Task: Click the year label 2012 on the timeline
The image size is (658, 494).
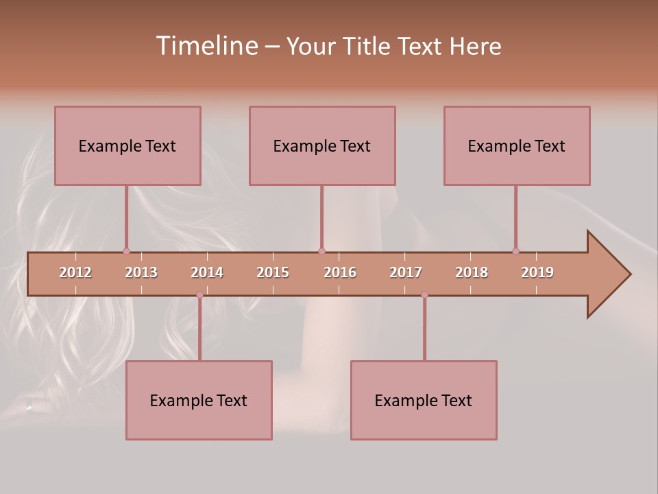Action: tap(75, 272)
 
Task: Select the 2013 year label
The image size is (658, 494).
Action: tap(141, 272)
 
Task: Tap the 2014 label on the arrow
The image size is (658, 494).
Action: tap(207, 272)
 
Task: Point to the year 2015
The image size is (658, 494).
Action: tap(273, 272)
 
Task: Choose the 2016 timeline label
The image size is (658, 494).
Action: tap(340, 272)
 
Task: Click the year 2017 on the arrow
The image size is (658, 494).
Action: tap(406, 272)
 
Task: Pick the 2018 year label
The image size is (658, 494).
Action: tap(472, 272)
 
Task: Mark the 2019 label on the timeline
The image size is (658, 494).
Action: tap(537, 272)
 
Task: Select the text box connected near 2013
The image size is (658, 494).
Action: tap(127, 145)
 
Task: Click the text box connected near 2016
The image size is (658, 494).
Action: tap(322, 145)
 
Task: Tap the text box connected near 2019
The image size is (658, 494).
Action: tap(517, 145)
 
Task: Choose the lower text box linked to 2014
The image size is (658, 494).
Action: tap(199, 400)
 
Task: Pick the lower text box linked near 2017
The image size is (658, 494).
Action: tap(424, 400)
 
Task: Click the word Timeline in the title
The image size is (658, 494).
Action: tap(206, 46)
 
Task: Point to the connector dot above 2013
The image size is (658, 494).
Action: tap(126, 251)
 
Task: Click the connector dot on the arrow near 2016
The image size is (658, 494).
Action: tap(321, 251)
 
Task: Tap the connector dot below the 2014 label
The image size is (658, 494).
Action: tap(199, 294)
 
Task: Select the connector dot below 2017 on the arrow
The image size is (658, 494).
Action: tap(424, 294)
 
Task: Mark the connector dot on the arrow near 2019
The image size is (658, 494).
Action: tap(515, 251)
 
